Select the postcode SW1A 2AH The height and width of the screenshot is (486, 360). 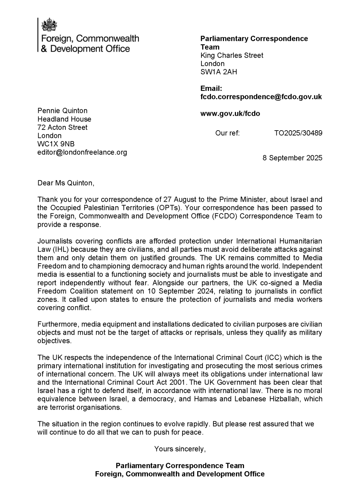coord(219,72)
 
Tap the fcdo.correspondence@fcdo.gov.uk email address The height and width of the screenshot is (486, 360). coord(261,97)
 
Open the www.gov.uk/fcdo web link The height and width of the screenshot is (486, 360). coord(230,113)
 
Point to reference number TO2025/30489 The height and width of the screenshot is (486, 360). coord(298,133)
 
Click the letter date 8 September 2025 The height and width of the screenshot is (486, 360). coord(292,158)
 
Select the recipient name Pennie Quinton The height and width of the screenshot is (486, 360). coord(63,111)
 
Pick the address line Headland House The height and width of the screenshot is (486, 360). coord(64,119)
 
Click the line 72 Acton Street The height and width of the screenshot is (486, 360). coord(63,127)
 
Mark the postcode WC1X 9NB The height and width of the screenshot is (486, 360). coord(56,144)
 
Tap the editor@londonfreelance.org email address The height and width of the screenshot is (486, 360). coord(82,152)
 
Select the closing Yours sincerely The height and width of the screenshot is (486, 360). coord(180,449)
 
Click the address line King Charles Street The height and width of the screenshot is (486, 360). coord(232,55)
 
